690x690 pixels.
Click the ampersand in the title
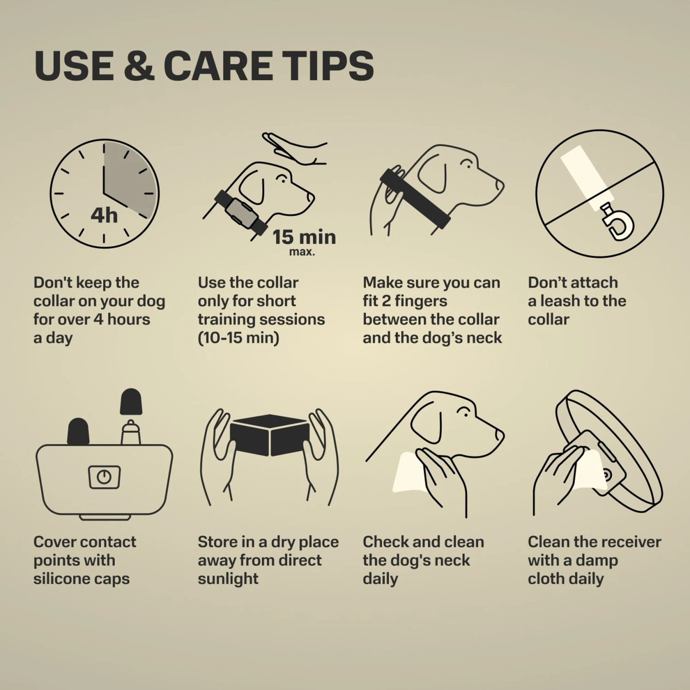[139, 65]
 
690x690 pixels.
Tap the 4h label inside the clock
[104, 215]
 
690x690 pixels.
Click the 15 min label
[304, 237]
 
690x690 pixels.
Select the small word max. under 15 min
[302, 252]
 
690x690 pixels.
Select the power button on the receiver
[104, 477]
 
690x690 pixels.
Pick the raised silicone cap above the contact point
[131, 402]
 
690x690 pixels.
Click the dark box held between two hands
[270, 435]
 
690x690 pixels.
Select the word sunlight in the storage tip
[228, 579]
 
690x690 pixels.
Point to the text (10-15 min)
[238, 338]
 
